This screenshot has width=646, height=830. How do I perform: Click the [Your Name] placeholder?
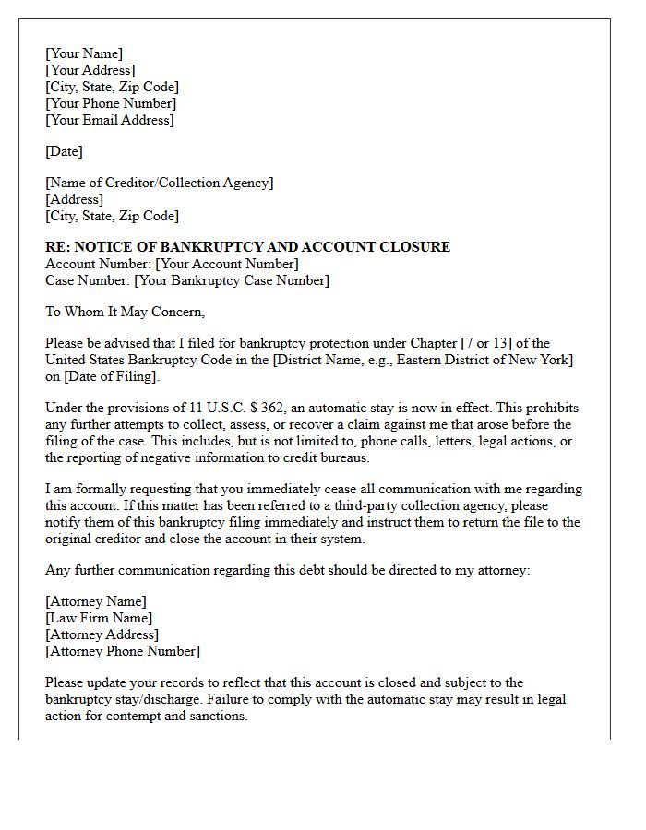coord(84,53)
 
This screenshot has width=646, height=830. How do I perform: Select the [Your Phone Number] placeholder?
coord(111,103)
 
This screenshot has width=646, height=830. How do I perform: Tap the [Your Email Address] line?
coord(110,120)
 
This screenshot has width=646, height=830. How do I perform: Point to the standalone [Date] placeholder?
coord(64,151)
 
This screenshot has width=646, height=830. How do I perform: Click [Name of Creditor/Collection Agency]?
coord(160,183)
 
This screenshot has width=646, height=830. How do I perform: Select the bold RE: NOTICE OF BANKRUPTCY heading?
coord(247,247)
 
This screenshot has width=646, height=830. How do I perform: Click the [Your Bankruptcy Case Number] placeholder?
coord(232,280)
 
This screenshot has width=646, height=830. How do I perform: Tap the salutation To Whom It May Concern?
coord(125,312)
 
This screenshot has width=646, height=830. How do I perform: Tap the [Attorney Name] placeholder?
coord(96,601)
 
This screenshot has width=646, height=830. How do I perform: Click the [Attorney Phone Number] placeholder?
coord(123,651)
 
